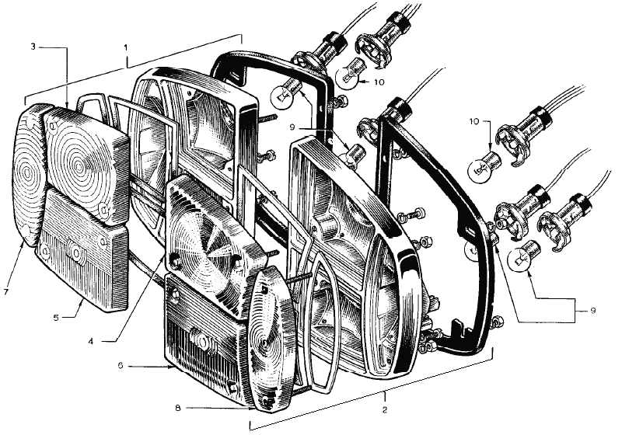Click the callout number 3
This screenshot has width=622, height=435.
(33, 47)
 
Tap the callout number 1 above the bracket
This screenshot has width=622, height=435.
(126, 47)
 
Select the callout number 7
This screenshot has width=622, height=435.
(5, 292)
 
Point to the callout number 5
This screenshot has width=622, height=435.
(56, 318)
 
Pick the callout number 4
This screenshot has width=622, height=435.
(91, 341)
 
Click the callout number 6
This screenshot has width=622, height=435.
(121, 366)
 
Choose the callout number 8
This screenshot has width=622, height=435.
(178, 407)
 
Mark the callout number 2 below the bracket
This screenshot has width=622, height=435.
(384, 409)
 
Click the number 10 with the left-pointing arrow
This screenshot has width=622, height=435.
(379, 82)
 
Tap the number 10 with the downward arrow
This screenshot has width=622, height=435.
(475, 121)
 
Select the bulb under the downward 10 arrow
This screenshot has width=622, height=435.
(484, 166)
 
